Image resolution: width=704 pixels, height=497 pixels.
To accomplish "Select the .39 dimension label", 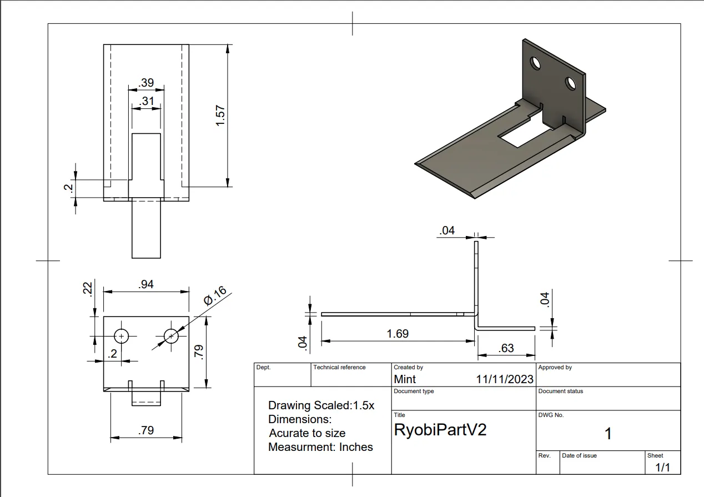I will click(146, 83).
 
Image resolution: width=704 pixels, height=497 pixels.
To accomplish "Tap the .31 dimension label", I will click(146, 101).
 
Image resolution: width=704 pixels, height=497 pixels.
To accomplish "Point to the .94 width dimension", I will click(146, 284).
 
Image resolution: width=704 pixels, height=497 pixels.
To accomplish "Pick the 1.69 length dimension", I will click(398, 334).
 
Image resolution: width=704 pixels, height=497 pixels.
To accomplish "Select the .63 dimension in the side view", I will click(506, 348).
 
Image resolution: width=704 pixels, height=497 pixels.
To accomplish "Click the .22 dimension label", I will click(87, 289).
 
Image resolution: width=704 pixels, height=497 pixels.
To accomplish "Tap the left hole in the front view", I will click(121, 336).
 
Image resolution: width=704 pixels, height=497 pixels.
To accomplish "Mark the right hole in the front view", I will click(171, 336).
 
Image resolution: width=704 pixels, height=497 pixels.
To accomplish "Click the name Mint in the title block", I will click(405, 379).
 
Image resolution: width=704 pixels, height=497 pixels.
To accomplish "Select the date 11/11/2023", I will click(504, 379).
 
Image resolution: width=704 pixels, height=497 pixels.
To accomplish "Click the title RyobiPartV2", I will click(440, 430).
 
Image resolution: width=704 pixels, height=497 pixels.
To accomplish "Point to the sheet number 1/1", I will click(663, 468).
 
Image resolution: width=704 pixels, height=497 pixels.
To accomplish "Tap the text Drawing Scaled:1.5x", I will click(321, 405).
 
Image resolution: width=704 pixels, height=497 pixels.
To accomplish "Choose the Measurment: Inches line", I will click(320, 447).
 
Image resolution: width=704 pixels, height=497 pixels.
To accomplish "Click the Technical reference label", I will click(339, 367).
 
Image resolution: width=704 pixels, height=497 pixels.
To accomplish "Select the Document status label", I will click(561, 391).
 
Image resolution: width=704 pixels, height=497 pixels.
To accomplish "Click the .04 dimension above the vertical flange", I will click(446, 230).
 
